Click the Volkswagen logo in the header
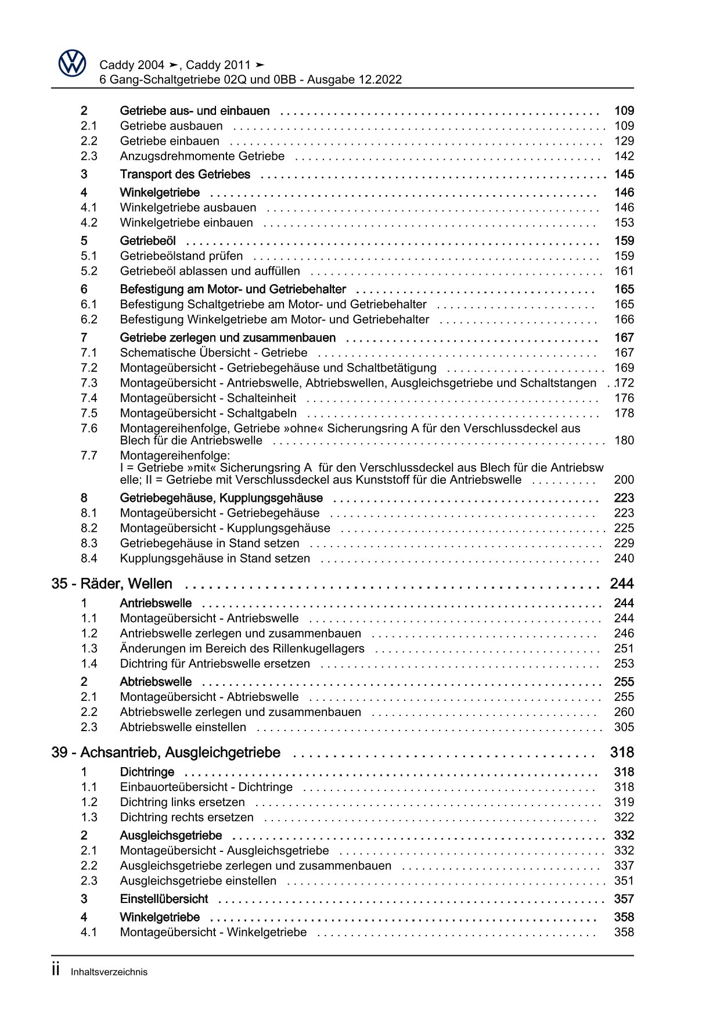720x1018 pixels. click(72, 63)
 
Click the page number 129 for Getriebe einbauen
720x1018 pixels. click(624, 141)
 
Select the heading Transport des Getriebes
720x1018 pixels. click(185, 174)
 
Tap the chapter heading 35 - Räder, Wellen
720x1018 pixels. click(111, 584)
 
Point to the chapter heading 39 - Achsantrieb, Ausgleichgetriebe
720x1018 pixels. click(165, 753)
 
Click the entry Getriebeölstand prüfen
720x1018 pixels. click(181, 256)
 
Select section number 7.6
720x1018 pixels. click(89, 429)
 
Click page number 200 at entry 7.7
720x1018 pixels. click(624, 480)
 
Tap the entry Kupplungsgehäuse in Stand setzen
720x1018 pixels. click(215, 559)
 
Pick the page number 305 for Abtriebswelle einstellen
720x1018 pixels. click(624, 728)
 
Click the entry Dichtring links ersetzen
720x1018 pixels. click(182, 803)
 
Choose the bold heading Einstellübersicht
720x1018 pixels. click(164, 899)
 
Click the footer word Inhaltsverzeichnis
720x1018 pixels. click(109, 972)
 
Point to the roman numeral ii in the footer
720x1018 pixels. click(56, 970)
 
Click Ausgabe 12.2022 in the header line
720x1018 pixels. click(354, 80)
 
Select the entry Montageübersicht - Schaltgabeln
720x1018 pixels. click(208, 413)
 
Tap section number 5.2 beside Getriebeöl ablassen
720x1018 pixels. click(89, 271)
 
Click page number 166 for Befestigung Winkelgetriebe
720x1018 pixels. click(624, 320)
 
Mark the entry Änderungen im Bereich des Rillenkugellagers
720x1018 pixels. click(242, 649)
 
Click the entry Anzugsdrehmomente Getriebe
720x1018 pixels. click(202, 156)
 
